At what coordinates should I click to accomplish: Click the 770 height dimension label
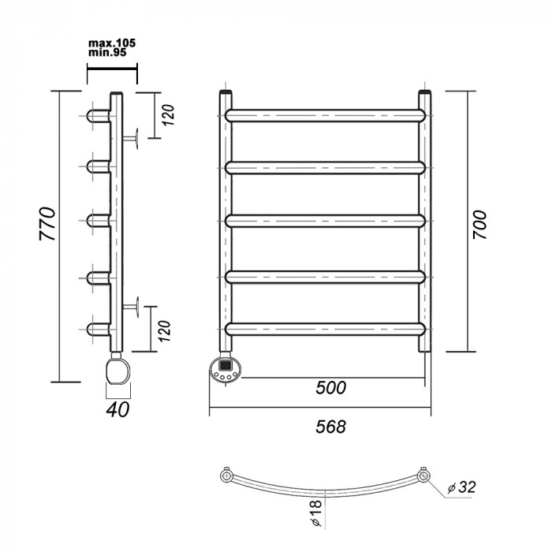pos(47,224)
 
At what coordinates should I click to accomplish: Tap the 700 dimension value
pos(479,226)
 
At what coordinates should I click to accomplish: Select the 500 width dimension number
pos(331,388)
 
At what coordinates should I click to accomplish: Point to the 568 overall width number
pos(331,427)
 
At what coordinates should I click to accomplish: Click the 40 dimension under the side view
pos(117,409)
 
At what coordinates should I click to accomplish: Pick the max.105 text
pos(112,43)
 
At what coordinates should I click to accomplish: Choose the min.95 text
pos(107,53)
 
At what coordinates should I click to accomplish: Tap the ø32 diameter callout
pos(461,487)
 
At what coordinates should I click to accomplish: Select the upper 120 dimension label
pos(168,115)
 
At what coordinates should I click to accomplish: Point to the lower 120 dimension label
pos(164,331)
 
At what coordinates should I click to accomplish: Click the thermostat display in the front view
pos(225,364)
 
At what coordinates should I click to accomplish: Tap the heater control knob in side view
pos(117,371)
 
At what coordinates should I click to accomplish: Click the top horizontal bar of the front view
pos(325,116)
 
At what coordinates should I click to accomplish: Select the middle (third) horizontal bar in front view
pos(325,221)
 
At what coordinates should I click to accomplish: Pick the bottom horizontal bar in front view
pos(325,329)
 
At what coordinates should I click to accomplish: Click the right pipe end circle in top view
pos(423,476)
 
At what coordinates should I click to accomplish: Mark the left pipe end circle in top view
pos(226,476)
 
